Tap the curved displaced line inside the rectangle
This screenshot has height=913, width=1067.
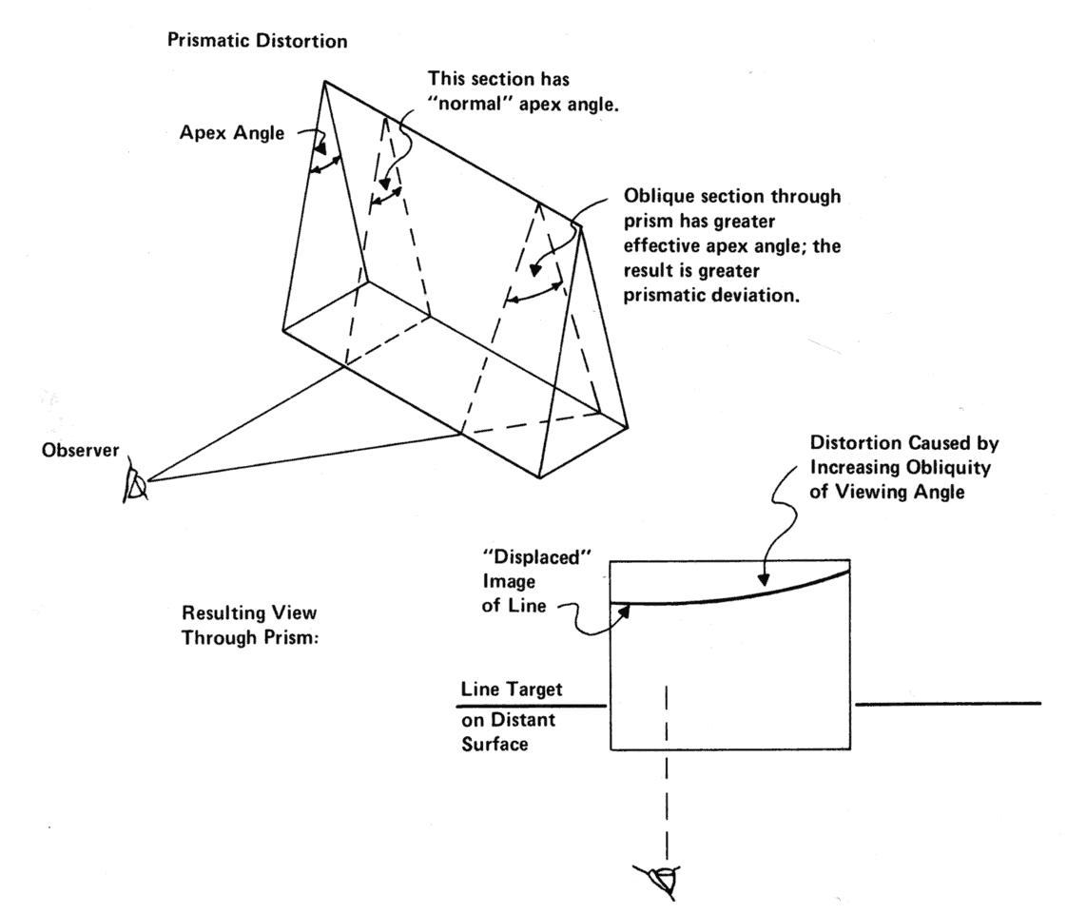742,591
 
